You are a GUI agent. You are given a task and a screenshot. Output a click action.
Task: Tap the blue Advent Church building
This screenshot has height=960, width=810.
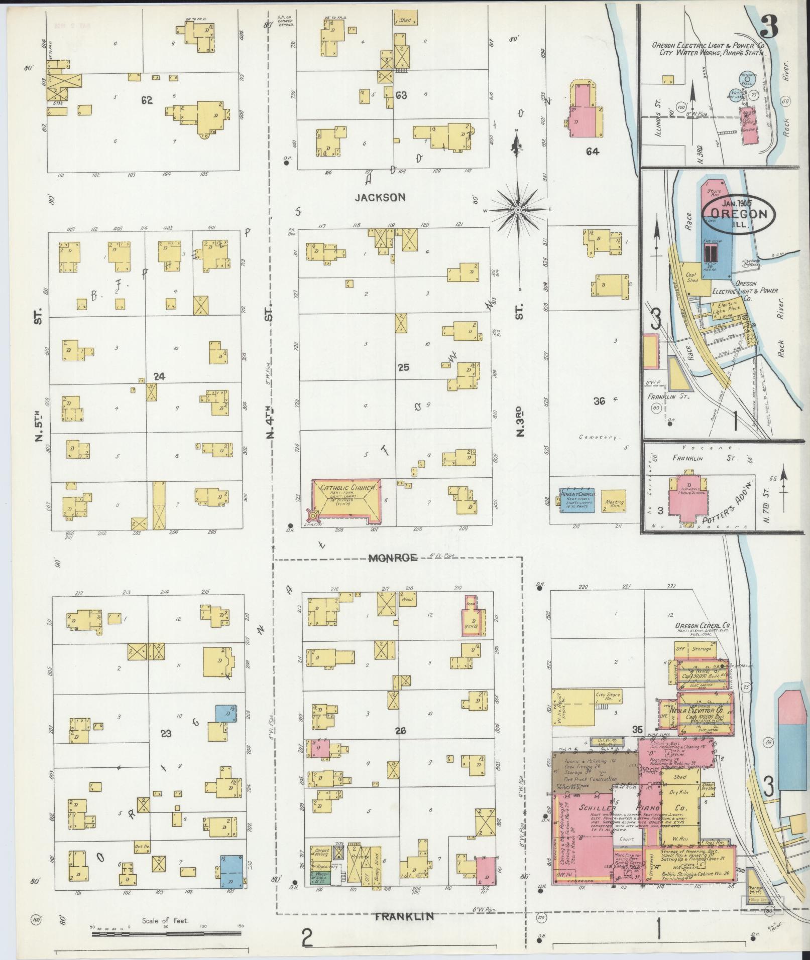click(577, 500)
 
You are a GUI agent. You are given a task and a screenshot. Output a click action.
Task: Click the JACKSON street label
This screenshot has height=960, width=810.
click(380, 197)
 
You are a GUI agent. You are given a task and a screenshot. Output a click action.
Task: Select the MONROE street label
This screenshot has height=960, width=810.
click(393, 558)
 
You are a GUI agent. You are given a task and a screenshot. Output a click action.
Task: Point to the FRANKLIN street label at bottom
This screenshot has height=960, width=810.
click(405, 916)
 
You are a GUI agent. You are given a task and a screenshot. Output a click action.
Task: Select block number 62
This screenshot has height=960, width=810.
click(147, 100)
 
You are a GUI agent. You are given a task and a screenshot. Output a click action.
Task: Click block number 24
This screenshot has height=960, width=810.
click(159, 375)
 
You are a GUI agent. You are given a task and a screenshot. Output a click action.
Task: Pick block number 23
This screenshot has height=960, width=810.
click(166, 734)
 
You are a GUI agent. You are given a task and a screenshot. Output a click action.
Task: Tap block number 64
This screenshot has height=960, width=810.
click(593, 151)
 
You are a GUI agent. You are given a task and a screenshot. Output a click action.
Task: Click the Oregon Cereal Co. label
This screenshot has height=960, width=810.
click(702, 626)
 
